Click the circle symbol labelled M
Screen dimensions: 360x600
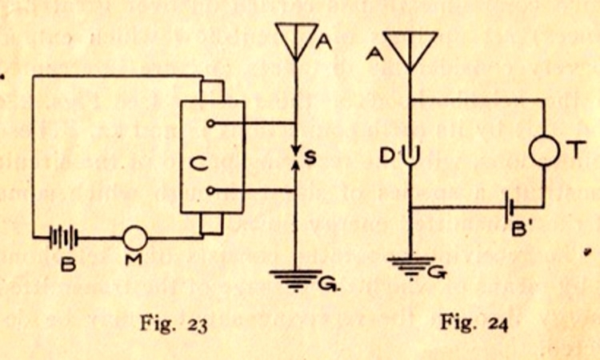point(135,238)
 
